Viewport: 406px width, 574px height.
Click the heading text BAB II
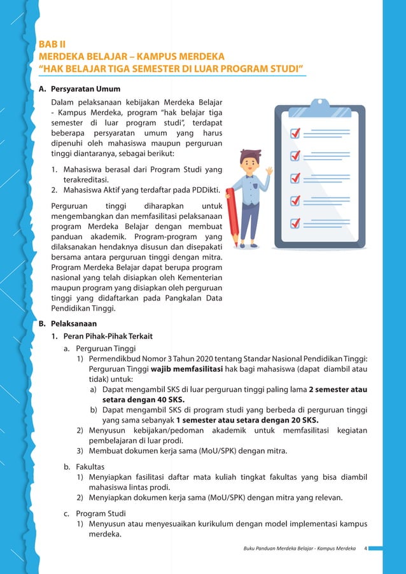tap(53, 45)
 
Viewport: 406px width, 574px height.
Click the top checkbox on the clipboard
tap(295, 133)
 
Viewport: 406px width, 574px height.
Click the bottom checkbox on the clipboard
tap(295, 223)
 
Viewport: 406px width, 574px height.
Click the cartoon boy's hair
tap(251, 156)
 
